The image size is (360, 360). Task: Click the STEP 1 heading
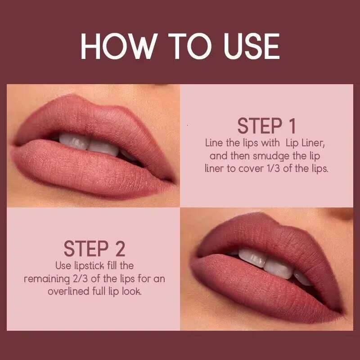pyautogui.click(x=267, y=126)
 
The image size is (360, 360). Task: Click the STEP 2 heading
pyautogui.click(x=94, y=249)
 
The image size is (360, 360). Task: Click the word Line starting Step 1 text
pyautogui.click(x=214, y=144)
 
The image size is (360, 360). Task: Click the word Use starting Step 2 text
pyautogui.click(x=63, y=266)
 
